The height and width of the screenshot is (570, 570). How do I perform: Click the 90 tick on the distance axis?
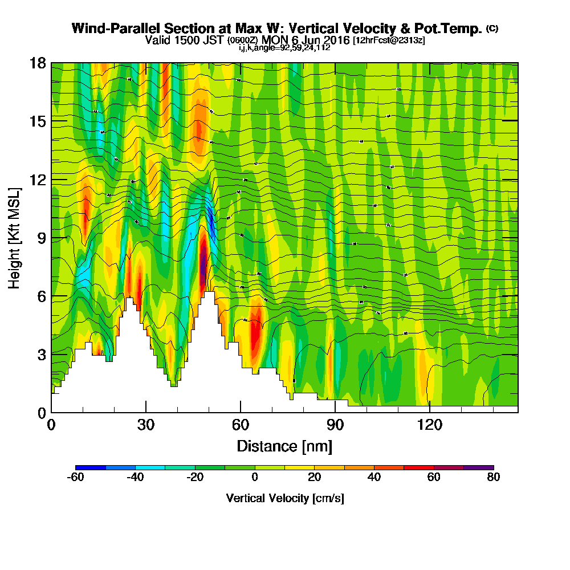coord(335,412)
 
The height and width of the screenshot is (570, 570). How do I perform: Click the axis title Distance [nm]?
coord(284,446)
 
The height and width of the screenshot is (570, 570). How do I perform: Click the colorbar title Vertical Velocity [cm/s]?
coord(284,498)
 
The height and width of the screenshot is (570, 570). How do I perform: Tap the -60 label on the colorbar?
coord(76,478)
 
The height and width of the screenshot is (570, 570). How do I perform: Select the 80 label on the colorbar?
coord(494,478)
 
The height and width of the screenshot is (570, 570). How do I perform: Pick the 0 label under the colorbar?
coord(255,478)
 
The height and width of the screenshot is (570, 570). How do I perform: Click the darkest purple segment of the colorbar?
coord(479,467)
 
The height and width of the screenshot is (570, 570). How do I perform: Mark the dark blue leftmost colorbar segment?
coord(91,467)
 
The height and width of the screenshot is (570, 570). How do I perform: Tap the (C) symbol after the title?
coord(492,28)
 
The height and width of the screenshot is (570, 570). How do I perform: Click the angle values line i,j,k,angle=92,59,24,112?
coord(284,48)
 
